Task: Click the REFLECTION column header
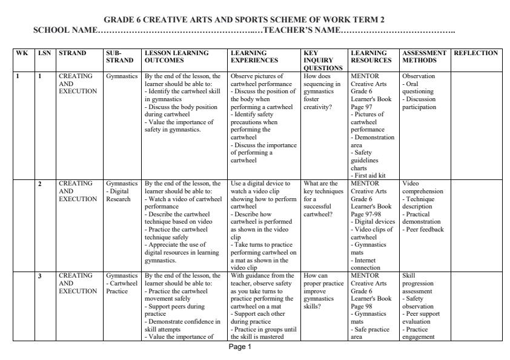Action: click(475, 53)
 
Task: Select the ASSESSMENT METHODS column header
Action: click(424, 57)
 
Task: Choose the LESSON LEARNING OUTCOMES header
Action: click(174, 57)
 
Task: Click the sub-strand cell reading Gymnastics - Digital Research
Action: click(122, 191)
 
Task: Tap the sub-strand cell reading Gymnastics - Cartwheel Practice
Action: click(122, 283)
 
